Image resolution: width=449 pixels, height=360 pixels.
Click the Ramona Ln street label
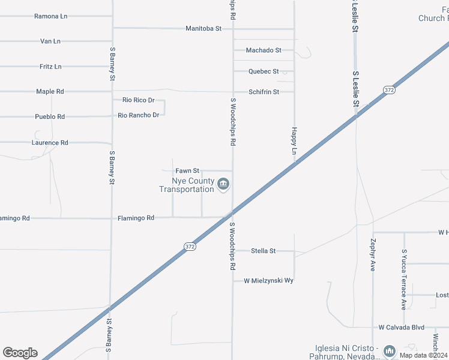tap(50, 16)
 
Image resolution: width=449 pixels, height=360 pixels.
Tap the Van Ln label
tap(50, 41)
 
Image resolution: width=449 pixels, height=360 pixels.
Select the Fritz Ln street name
tap(50, 67)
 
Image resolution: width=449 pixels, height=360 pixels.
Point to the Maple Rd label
tap(50, 92)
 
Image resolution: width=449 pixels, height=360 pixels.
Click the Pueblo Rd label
tap(50, 116)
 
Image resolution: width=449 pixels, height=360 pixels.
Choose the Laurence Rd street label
tap(50, 143)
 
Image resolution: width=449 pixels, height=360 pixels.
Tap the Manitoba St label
tap(203, 28)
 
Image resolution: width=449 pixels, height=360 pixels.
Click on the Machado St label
tap(264, 50)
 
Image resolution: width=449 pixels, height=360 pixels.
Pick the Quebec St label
tap(264, 71)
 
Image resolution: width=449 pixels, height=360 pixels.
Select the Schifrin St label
tap(264, 92)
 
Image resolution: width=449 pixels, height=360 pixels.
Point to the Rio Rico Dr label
tap(138, 100)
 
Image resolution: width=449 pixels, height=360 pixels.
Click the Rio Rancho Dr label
tap(138, 115)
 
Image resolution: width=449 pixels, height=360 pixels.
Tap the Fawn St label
tap(187, 171)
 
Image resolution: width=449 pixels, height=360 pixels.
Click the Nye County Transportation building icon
tap(223, 184)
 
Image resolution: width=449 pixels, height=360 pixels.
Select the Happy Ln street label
tap(294, 141)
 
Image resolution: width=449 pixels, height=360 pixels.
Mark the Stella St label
tap(263, 251)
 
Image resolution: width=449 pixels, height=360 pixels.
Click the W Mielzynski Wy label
tap(268, 280)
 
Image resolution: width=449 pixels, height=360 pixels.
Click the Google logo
tap(20, 353)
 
